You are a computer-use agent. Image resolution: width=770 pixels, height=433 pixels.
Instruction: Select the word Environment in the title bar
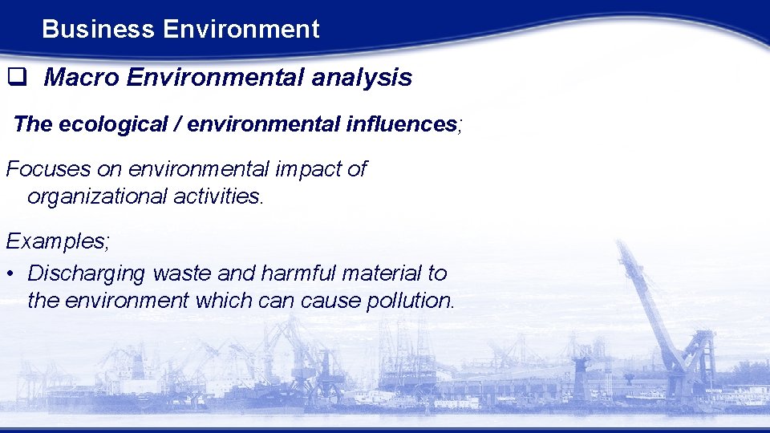click(241, 30)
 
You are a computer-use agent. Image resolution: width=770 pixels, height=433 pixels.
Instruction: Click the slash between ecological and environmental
click(164, 124)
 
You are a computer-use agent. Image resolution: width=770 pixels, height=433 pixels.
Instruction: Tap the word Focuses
click(48, 169)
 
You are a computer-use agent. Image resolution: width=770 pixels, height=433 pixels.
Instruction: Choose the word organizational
click(97, 196)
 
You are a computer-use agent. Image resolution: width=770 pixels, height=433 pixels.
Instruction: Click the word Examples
click(56, 241)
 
